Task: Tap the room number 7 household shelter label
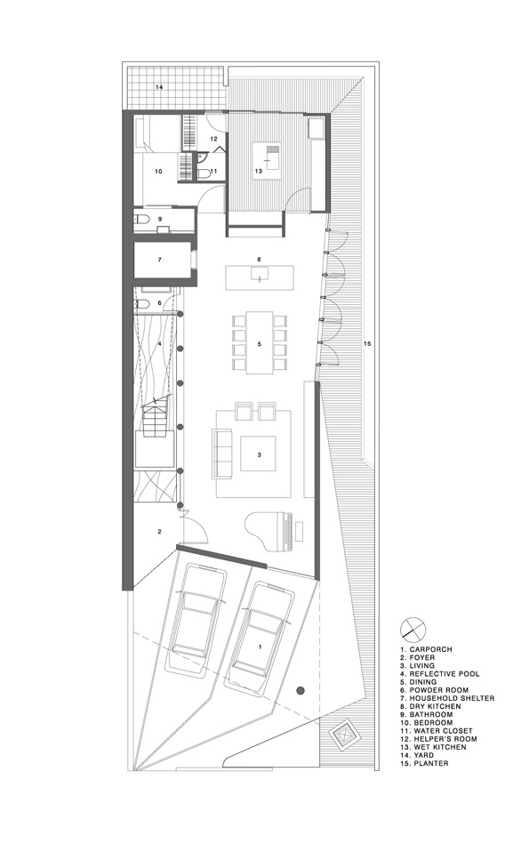[159, 260]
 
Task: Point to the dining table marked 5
[259, 342]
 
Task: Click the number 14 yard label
[159, 86]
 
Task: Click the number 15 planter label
[367, 343]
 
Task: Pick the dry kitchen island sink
[260, 277]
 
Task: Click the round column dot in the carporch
[301, 690]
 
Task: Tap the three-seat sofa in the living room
[220, 453]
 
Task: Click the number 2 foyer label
[159, 532]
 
